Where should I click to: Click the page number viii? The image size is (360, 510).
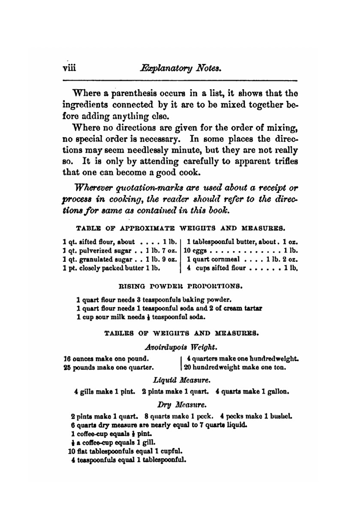pos(69,68)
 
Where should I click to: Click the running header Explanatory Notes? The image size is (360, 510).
pos(181,68)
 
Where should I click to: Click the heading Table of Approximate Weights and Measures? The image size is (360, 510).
pos(180,228)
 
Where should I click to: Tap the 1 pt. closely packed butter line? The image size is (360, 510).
pos(111,268)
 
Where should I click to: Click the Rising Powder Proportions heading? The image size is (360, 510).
pos(180,287)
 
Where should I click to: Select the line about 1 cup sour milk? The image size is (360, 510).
pos(141,317)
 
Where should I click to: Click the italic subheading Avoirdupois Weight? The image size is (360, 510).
pos(180,347)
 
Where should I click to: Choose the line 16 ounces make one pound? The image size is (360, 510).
pos(106,359)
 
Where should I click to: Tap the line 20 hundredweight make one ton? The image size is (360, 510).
pos(235,368)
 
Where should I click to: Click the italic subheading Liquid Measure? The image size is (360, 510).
pos(181,380)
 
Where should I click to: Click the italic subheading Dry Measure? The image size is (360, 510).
pos(181,405)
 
